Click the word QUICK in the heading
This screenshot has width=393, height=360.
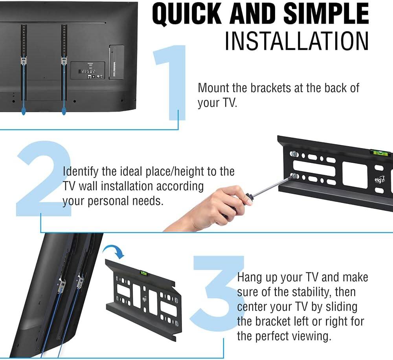pyautogui.click(x=187, y=14)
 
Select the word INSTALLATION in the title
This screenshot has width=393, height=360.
pyautogui.click(x=296, y=41)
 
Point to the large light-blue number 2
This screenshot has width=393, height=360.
pyautogui.click(x=44, y=178)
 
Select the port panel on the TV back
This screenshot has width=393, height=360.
pyautogui.click(x=88, y=71)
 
